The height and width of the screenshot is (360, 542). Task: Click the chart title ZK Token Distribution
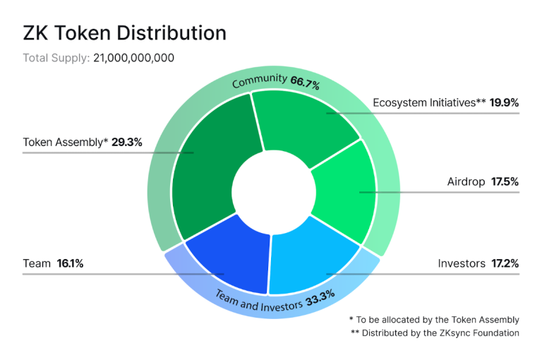(x=125, y=33)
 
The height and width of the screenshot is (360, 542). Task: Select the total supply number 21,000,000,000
(x=133, y=57)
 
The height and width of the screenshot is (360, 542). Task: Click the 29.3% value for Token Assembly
(x=127, y=142)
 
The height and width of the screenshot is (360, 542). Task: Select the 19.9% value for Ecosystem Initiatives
(x=505, y=102)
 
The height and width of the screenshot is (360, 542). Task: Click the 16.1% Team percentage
(x=71, y=263)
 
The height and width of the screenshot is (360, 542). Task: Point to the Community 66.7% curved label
(x=276, y=81)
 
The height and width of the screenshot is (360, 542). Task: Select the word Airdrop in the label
(x=466, y=181)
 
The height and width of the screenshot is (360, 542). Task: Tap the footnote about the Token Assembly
(x=434, y=319)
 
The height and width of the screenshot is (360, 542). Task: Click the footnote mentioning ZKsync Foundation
(x=435, y=332)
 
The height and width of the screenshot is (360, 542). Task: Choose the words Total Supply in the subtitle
(x=56, y=57)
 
